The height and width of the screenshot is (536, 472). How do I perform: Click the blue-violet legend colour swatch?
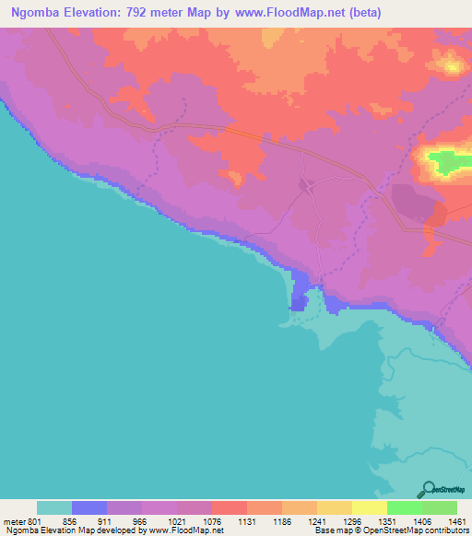[89, 507]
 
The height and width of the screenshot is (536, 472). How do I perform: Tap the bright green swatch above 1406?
[405, 507]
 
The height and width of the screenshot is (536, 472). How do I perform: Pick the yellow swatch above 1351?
[370, 507]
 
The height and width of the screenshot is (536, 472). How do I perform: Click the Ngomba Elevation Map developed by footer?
[74, 530]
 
